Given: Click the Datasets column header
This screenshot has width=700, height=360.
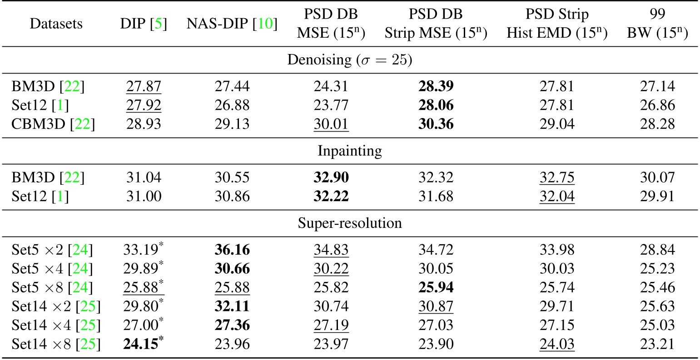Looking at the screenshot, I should click(x=56, y=24).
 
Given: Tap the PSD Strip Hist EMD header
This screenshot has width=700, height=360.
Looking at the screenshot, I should click(x=557, y=24).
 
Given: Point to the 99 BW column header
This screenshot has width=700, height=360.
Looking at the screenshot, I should click(x=657, y=24).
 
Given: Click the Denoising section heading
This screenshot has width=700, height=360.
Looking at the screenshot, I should click(x=349, y=60).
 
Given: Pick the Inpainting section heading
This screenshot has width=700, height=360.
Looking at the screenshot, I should click(x=349, y=151).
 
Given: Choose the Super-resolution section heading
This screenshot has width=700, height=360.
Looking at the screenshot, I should click(x=349, y=223).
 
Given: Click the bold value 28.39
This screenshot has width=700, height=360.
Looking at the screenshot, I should click(x=436, y=87).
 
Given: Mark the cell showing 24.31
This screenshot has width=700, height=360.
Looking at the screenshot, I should click(x=331, y=87).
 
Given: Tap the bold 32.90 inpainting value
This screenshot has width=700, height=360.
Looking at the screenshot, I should click(x=331, y=177).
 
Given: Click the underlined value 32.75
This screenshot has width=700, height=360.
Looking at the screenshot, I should click(x=557, y=177).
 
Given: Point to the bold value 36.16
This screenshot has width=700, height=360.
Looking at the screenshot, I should click(x=232, y=250).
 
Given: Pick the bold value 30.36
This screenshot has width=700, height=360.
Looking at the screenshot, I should click(x=436, y=123).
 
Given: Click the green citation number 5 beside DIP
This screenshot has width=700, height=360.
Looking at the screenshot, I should click(x=158, y=24).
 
